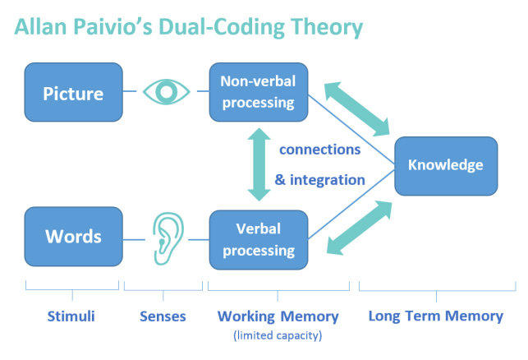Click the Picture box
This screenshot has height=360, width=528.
click(73, 92)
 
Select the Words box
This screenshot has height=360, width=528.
click(73, 237)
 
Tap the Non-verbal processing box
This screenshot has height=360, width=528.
click(259, 92)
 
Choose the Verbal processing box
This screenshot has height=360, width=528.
click(259, 240)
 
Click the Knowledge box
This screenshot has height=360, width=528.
click(446, 166)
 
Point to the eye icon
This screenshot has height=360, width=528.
click(167, 92)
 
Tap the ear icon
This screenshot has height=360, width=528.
click(168, 238)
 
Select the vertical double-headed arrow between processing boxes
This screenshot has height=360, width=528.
click(259, 164)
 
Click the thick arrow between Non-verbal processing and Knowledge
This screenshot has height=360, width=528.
click(357, 108)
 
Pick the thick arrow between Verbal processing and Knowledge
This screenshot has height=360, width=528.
click(360, 228)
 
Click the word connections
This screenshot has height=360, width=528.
click(320, 150)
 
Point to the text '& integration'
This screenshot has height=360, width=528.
click(320, 180)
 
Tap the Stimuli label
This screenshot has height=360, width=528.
click(71, 316)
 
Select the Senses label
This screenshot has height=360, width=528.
click(163, 316)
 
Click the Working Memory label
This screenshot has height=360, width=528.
click(278, 316)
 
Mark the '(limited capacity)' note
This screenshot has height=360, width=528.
click(278, 335)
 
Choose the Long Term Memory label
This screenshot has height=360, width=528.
click(436, 316)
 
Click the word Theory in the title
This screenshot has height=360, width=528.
click(327, 27)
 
